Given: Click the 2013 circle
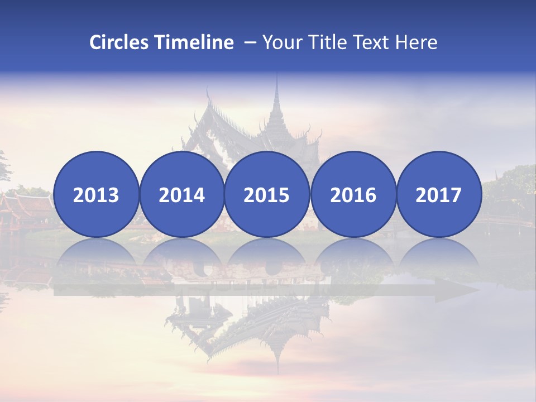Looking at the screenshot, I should click(96, 194).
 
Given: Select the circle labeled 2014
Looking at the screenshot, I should click(181, 194).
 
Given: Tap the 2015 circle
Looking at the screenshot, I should click(267, 194).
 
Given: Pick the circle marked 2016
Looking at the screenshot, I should click(353, 194).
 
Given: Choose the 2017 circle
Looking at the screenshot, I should click(438, 194).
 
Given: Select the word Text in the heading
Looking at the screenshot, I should click(370, 42).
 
